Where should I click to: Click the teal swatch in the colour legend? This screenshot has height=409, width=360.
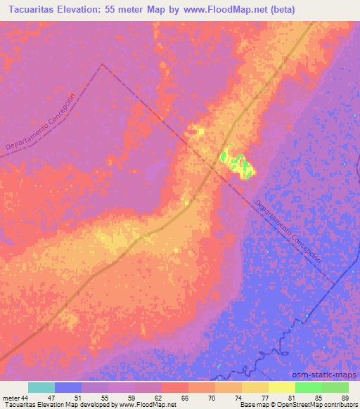[41, 387]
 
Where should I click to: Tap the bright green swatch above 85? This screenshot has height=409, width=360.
[309, 387]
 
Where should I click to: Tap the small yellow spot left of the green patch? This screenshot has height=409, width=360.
[195, 131]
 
